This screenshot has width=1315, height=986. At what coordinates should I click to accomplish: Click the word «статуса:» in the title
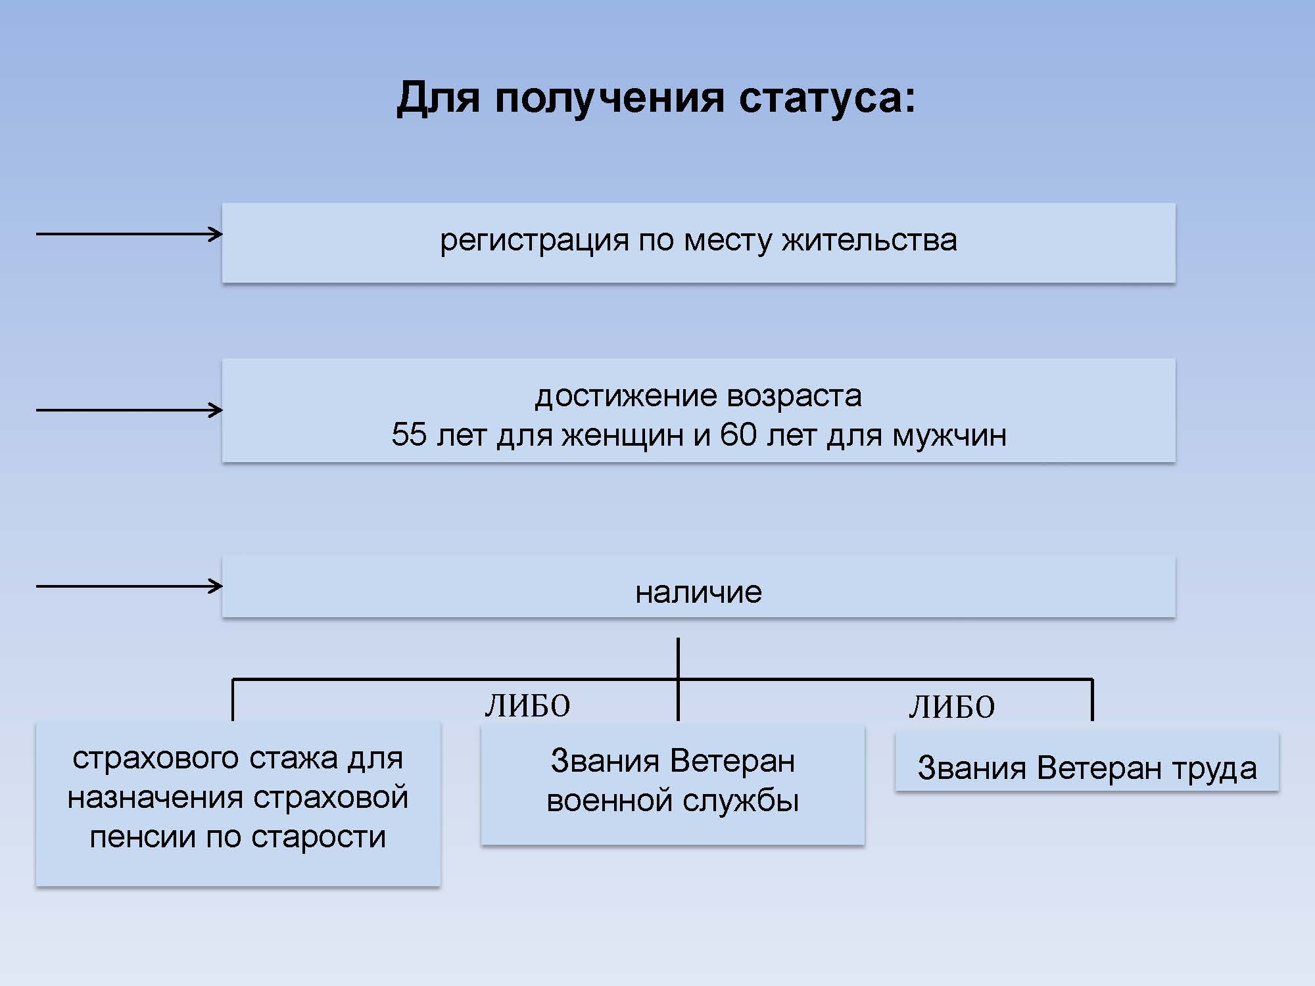coord(827,98)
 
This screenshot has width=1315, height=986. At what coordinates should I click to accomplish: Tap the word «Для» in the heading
coord(438,99)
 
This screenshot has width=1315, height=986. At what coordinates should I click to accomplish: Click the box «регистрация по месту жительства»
coord(698,243)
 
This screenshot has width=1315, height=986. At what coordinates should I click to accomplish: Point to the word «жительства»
coord(869,241)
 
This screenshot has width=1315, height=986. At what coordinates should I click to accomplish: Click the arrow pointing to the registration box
coord(130,233)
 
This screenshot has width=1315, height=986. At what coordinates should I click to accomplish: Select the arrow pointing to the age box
coord(130,410)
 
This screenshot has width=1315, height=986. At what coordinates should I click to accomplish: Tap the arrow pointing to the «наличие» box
coord(130,586)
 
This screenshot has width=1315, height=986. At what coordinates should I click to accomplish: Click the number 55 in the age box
coord(409,434)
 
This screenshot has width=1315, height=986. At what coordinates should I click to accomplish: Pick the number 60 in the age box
coord(738,434)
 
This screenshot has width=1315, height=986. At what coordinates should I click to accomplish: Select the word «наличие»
coord(698,592)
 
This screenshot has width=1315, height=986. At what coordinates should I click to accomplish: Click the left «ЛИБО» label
coord(527,706)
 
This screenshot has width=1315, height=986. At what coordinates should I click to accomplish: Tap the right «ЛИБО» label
coord(951,707)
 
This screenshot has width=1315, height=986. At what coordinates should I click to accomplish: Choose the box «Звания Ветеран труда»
coord(1087,761)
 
